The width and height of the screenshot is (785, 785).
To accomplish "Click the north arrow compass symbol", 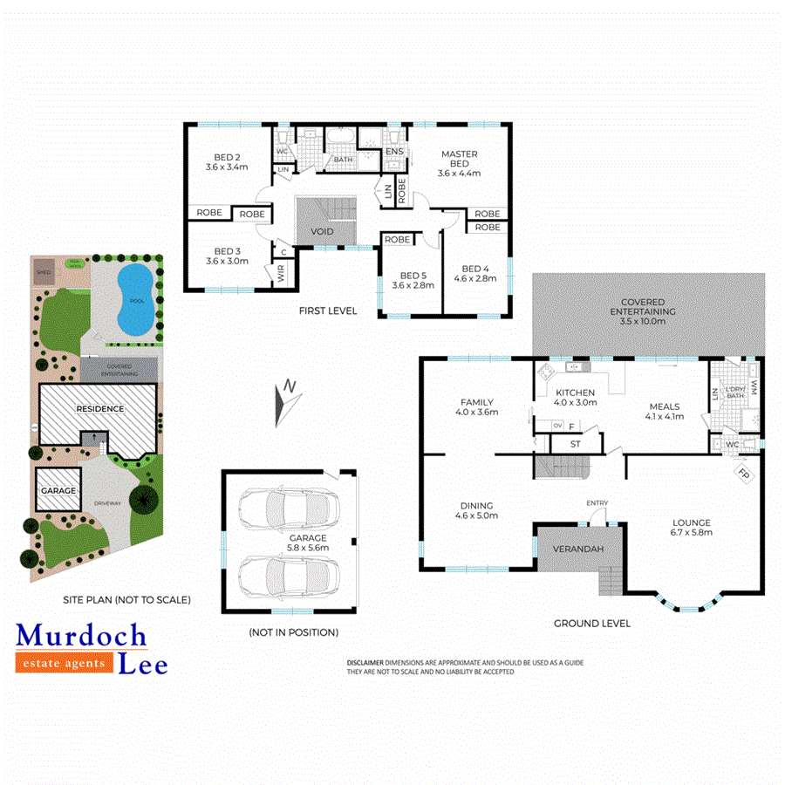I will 287,402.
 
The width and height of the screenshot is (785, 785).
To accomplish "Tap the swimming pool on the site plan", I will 135,299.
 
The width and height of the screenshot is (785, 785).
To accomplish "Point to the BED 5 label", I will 408,279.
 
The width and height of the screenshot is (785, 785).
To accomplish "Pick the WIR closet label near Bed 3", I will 280,275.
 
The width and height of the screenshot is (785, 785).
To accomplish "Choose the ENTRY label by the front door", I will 597,502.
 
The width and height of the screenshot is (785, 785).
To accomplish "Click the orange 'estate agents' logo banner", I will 65,664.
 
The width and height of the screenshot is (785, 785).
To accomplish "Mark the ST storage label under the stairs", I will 576,444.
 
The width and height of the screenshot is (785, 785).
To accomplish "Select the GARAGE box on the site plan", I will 58,490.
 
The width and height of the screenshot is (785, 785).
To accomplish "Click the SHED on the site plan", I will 43,271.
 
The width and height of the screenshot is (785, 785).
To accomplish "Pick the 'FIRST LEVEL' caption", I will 328,311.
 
